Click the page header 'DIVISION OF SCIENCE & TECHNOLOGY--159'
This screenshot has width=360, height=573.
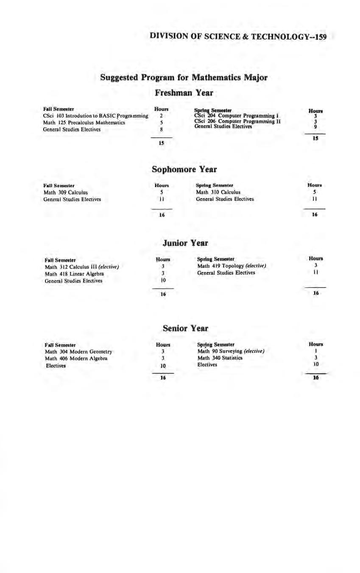(x=238, y=37)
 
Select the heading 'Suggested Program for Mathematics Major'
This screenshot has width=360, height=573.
(x=184, y=78)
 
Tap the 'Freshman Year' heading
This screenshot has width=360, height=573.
(x=184, y=92)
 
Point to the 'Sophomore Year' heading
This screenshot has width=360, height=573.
(x=184, y=169)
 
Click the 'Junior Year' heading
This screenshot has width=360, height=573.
(x=185, y=243)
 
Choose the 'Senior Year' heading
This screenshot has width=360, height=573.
(x=185, y=328)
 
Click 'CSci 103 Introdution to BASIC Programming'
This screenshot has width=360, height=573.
(x=95, y=116)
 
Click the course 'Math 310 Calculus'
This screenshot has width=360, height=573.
(x=218, y=192)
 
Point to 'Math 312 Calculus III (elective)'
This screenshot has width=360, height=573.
(x=81, y=267)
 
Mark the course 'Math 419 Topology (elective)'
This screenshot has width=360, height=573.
(x=231, y=266)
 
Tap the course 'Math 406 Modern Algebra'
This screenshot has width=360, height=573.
(x=76, y=358)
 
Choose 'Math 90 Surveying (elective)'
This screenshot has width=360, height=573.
(x=231, y=351)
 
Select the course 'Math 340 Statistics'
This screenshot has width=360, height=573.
(x=220, y=358)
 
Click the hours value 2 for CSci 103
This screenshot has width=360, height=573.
(x=162, y=116)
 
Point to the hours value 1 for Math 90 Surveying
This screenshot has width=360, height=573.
(x=315, y=351)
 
